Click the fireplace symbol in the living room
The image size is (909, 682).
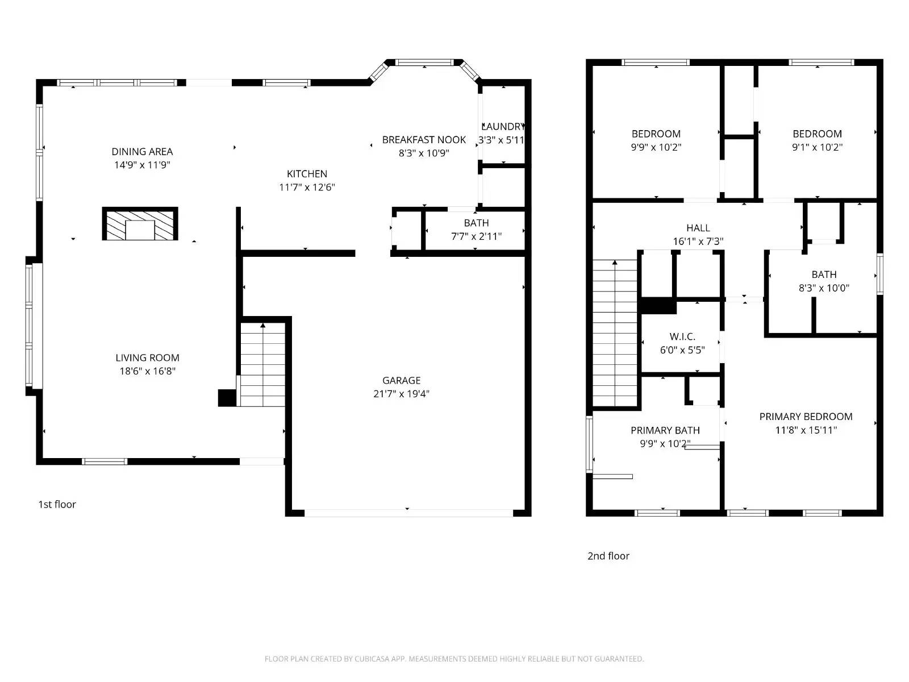pos(140,223)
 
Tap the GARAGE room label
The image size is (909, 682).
pos(401,380)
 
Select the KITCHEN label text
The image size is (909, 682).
pos(307,174)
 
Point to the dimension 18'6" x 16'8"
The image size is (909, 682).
pos(147,371)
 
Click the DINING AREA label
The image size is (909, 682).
pos(142,152)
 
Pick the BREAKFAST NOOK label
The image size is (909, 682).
pos(424,140)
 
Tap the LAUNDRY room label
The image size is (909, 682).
pos(503,126)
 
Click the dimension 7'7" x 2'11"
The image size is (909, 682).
pos(476,236)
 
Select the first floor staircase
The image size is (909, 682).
pos(263,364)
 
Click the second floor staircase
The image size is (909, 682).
pos(615,333)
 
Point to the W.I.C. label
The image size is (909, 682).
pos(682,336)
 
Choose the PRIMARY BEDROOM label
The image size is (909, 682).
pos(806,417)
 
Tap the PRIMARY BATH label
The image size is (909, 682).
pos(665,430)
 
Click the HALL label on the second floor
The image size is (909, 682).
pos(698,228)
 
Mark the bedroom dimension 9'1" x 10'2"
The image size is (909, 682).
pos(817,147)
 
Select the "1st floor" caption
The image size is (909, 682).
pos(57,504)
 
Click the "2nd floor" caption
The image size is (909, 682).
pos(608,556)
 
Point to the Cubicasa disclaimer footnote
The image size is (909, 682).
pos(454,658)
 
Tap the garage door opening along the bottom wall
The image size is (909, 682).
pos(408,513)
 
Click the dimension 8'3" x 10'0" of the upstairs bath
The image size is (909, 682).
pos(824,288)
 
